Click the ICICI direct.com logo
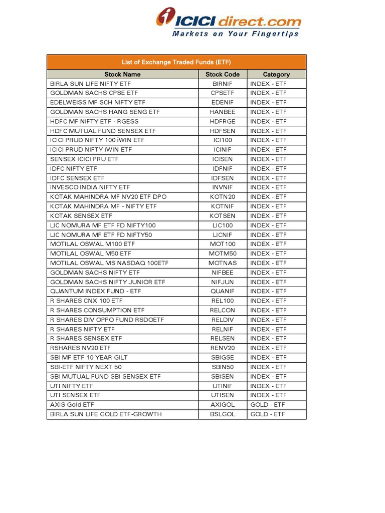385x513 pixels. tap(229, 20)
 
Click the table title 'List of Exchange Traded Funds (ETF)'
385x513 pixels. tap(176, 62)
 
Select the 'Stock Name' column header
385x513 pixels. tap(122, 74)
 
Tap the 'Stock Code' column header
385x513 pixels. tap(223, 74)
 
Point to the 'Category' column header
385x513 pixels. tap(276, 74)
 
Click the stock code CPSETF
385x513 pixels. tap(223, 93)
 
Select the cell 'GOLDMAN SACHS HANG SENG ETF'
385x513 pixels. tap(105, 112)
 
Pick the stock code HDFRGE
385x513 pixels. tap(223, 122)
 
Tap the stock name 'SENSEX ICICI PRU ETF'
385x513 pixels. tap(84, 159)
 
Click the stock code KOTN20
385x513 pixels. tap(223, 197)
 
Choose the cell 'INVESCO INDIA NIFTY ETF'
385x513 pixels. tap(90, 187)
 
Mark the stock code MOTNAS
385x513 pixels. tap(223, 263)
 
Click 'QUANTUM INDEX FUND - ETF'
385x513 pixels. tap(96, 291)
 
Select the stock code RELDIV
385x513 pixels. tap(223, 320)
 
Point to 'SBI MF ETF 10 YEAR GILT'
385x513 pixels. tap(89, 357)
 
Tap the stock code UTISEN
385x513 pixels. tap(223, 395)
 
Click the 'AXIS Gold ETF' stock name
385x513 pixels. tap(72, 405)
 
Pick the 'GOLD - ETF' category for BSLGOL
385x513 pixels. tap(268, 414)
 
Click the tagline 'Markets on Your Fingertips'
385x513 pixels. tap(235, 34)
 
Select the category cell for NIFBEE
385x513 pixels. tap(268, 273)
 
